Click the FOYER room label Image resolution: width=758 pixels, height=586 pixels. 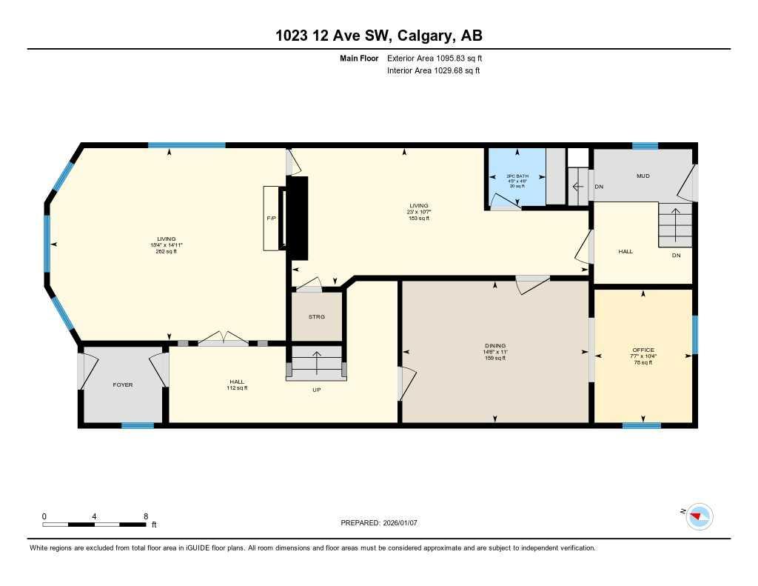[122, 385]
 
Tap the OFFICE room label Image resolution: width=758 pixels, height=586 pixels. [643, 350]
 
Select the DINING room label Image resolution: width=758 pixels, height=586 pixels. [495, 346]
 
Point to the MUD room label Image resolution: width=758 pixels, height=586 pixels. [643, 176]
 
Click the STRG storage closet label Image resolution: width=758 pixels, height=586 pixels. [317, 317]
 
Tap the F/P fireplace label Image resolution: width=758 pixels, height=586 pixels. [271, 220]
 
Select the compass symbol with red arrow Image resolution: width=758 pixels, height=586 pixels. [698, 516]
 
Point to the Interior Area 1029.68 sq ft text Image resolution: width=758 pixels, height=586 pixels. [433, 71]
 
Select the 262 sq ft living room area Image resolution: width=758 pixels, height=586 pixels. [166, 252]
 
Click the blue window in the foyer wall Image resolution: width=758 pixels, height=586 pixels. [138, 425]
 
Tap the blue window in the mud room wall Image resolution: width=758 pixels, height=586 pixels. [645, 146]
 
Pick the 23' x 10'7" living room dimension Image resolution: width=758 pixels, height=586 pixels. [419, 212]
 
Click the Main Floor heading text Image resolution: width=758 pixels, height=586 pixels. [359, 58]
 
